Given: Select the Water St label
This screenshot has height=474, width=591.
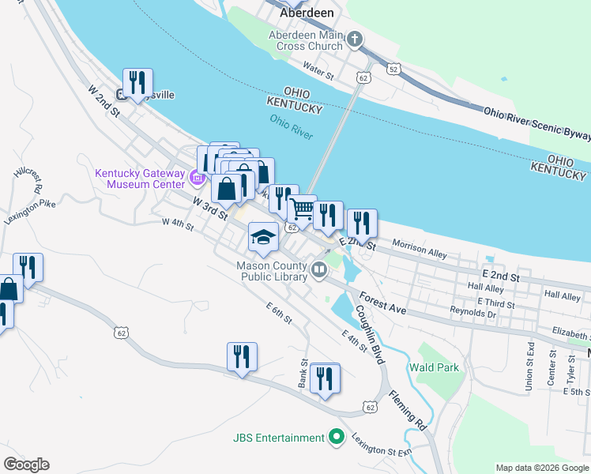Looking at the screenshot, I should pos(319,71).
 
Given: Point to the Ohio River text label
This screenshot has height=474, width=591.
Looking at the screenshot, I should pos(292,126).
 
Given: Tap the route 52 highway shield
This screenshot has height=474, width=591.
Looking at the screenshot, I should pos(393,70).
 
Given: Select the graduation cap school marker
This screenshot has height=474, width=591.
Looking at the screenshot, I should pos(263,235).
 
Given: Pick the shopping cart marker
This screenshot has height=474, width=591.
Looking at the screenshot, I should pos(302,209).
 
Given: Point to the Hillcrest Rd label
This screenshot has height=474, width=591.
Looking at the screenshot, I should pos(27,180).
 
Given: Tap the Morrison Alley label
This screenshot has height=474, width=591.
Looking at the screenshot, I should pos(420,250).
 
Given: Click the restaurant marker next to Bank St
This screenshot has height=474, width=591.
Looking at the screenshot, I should pos(324,378).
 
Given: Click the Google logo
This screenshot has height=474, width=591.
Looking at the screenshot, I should pos(26,465).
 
